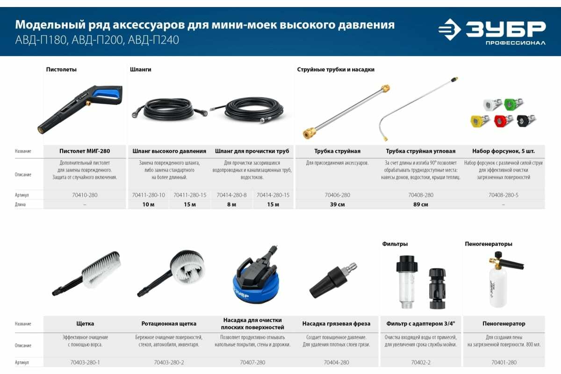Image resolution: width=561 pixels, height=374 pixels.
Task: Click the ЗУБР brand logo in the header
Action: (492, 32)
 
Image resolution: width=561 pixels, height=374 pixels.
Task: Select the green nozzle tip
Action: (513, 104)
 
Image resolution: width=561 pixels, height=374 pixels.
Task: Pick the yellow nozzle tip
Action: (480, 121)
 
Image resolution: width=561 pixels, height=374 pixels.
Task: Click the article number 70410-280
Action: (85, 195)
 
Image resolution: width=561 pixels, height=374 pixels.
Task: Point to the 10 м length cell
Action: (148, 204)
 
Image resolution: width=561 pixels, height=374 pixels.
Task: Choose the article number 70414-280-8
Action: (231, 195)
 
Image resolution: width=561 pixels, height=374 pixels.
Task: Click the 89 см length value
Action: (420, 204)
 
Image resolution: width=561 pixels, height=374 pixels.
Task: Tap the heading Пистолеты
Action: (61, 69)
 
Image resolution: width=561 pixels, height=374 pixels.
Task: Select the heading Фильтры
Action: (395, 244)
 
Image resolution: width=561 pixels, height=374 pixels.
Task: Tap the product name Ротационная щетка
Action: (169, 324)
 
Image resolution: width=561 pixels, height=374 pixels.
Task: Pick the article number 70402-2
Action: (420, 362)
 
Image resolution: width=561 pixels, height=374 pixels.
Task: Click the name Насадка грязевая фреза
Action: (336, 324)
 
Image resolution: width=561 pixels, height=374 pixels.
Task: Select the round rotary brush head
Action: (187, 267)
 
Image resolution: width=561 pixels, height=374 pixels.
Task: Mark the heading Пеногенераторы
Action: (489, 244)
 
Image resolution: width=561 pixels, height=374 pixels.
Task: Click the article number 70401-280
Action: (503, 362)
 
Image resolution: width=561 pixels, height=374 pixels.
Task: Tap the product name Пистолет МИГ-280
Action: (85, 151)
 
